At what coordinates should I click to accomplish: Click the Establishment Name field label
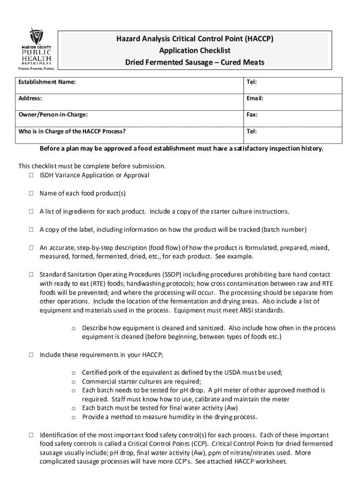click(47, 83)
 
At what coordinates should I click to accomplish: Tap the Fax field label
click(252, 115)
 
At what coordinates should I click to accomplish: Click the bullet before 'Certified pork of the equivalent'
click(74, 373)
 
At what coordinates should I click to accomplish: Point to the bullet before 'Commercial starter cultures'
click(74, 382)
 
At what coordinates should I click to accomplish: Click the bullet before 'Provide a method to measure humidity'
click(74, 417)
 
